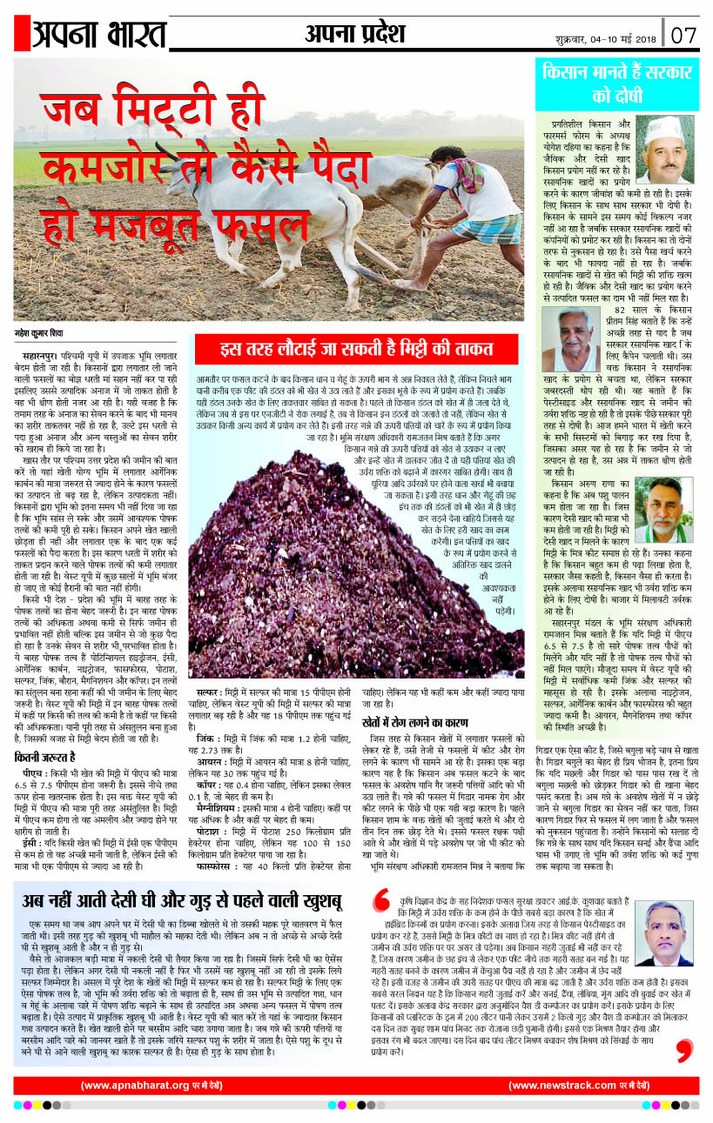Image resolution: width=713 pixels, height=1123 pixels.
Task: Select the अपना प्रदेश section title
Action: pos(355,34)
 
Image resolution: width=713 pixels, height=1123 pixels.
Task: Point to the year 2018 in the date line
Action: pos(646,38)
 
